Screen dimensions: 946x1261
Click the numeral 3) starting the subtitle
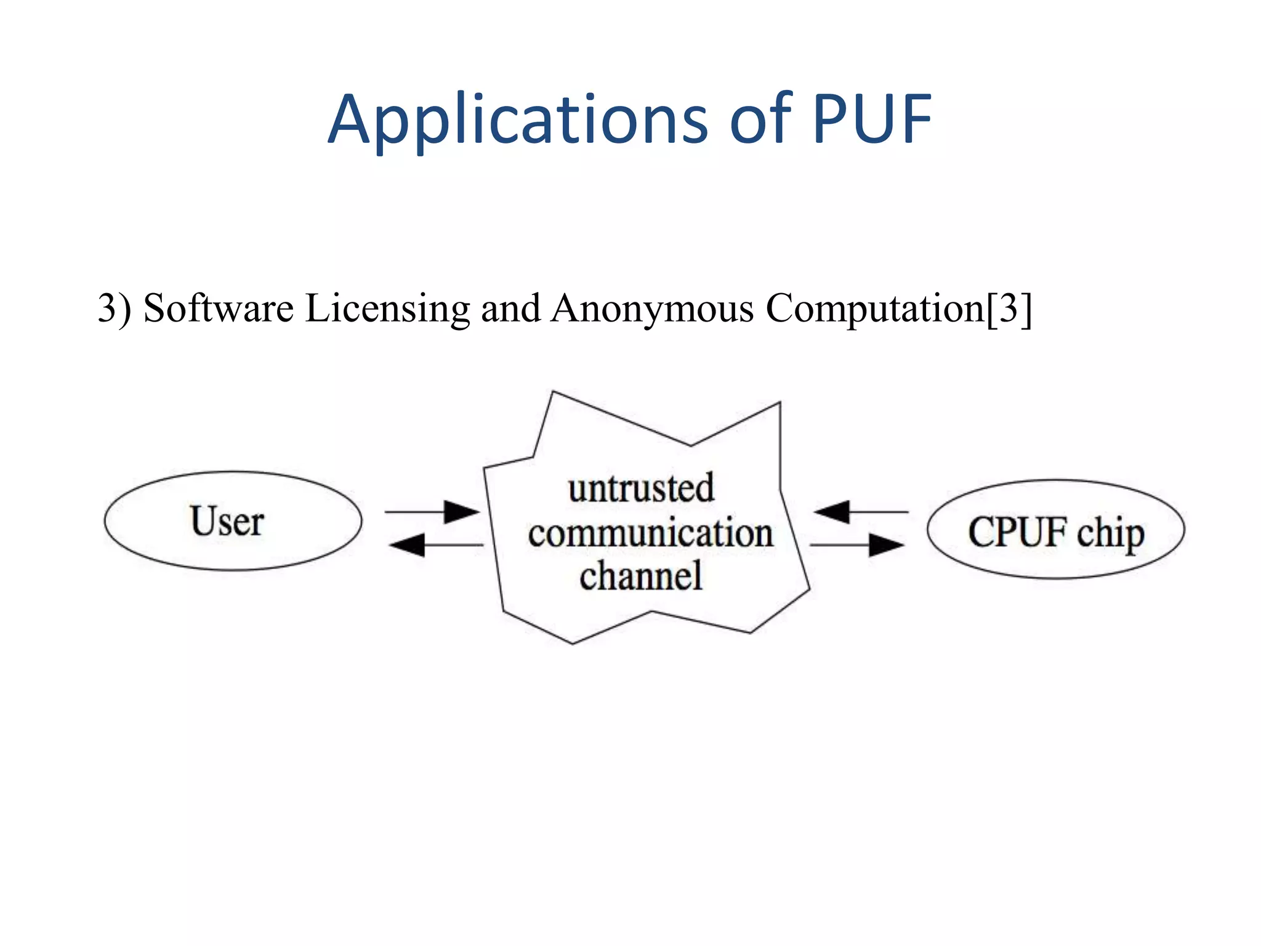pos(115,308)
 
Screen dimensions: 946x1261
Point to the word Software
pos(219,308)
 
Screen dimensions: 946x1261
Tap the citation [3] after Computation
pos(1009,308)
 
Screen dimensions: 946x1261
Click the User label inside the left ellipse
pos(227,522)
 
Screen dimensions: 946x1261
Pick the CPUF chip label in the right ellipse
pos(1055,532)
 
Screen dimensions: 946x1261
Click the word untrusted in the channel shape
pos(641,489)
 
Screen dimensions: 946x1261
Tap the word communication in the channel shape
pos(650,533)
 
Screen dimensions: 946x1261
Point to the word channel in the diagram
pos(640,576)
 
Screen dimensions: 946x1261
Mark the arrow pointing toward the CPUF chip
pos(856,545)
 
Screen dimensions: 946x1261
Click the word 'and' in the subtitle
pos(510,308)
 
